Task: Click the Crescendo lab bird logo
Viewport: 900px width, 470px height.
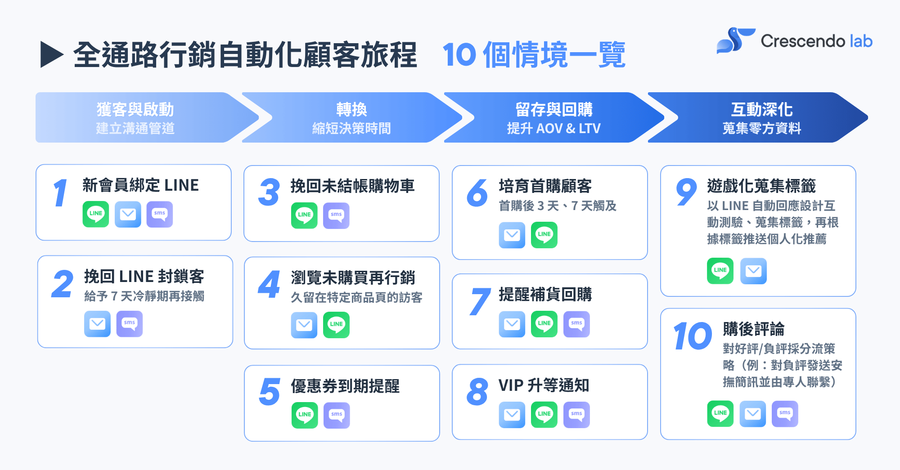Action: [734, 40]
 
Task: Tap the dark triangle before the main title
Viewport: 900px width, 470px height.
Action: [51, 54]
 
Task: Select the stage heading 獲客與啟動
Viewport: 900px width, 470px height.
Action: [135, 109]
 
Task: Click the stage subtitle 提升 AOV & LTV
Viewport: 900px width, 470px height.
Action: [553, 129]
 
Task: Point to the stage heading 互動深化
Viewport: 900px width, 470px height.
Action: [762, 109]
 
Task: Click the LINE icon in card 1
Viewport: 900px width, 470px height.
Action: [96, 214]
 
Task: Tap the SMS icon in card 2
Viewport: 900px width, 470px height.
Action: [130, 324]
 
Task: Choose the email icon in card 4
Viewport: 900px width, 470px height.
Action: [304, 325]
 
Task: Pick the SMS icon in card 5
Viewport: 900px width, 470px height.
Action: [337, 415]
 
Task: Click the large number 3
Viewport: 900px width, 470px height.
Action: [269, 192]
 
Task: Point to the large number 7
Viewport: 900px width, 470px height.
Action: [479, 301]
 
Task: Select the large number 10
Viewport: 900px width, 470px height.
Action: [693, 336]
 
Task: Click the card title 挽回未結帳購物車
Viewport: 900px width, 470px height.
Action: [352, 186]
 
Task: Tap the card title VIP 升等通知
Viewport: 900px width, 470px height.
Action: [544, 385]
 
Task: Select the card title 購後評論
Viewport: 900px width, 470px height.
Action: [753, 329]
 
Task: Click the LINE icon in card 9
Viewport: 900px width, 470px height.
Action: [720, 271]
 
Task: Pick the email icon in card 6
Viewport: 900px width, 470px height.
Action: [512, 235]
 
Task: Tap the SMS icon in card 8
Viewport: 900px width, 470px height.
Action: [576, 414]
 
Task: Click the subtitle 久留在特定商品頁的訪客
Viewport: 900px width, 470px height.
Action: [356, 298]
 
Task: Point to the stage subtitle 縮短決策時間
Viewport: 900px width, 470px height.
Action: [351, 129]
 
